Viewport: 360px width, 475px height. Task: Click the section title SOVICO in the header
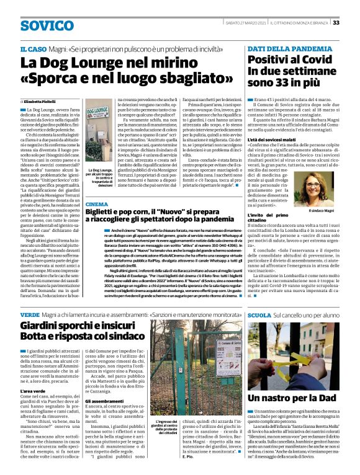point(47,25)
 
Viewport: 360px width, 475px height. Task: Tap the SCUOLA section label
point(259,316)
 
